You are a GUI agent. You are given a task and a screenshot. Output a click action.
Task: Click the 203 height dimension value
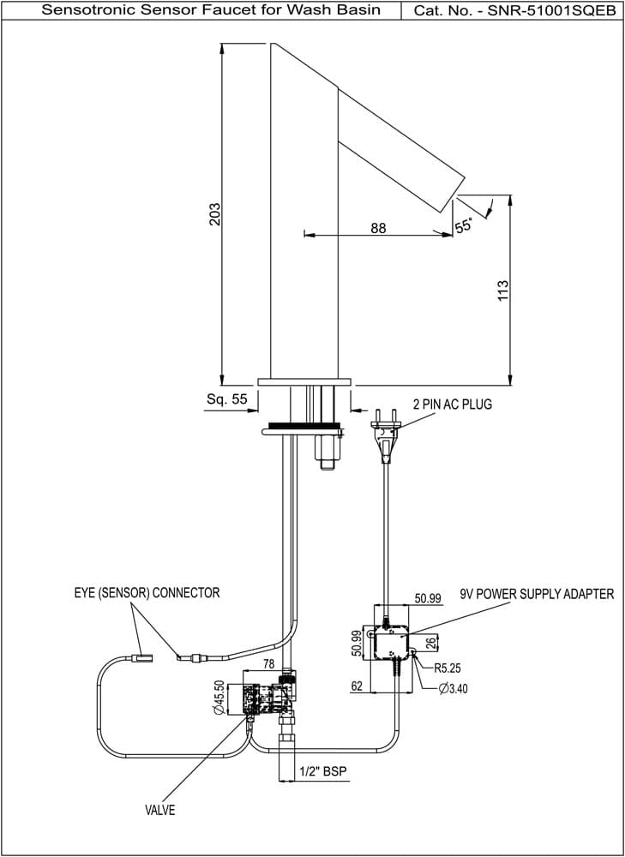point(215,213)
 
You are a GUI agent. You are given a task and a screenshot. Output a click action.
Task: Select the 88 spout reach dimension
point(378,228)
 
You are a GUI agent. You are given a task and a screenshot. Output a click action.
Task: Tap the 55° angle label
point(464,225)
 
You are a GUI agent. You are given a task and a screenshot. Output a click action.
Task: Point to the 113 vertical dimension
point(503,289)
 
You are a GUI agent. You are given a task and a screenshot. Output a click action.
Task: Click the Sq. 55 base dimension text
point(227,399)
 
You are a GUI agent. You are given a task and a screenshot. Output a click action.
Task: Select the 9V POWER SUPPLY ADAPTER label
point(538,594)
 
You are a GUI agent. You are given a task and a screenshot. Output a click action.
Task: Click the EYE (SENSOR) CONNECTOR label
point(147,593)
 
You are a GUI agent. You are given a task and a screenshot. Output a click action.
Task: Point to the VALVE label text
point(160,810)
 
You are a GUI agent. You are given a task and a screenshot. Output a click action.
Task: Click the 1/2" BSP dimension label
point(323,771)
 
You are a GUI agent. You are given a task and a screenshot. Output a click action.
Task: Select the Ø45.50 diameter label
point(219,698)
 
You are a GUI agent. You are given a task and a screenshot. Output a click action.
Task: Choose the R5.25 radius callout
point(448,668)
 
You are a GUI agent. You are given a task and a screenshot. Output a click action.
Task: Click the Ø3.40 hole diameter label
point(453,689)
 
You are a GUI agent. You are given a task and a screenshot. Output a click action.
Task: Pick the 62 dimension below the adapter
point(357,686)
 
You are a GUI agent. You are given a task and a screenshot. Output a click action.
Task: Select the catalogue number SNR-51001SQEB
point(552,10)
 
